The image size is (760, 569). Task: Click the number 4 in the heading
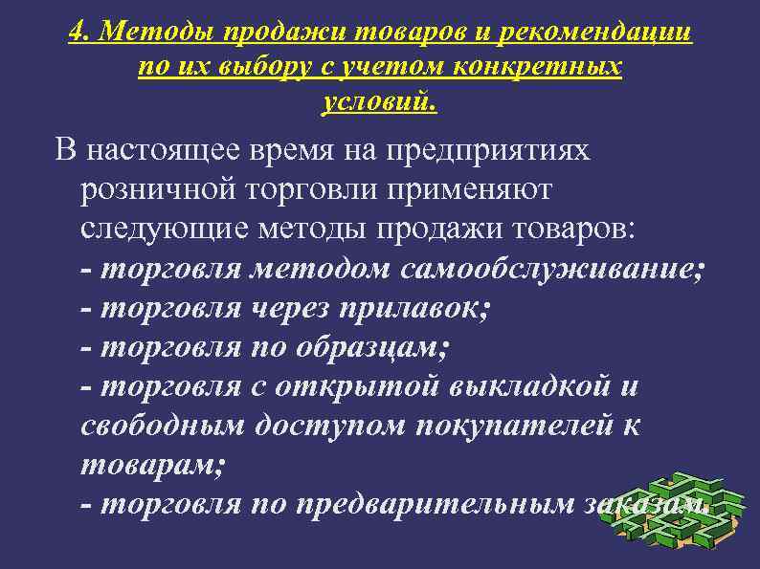pyautogui.click(x=78, y=33)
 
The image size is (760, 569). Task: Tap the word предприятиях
pyautogui.click(x=489, y=150)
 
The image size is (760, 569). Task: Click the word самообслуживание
pyautogui.click(x=550, y=270)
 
